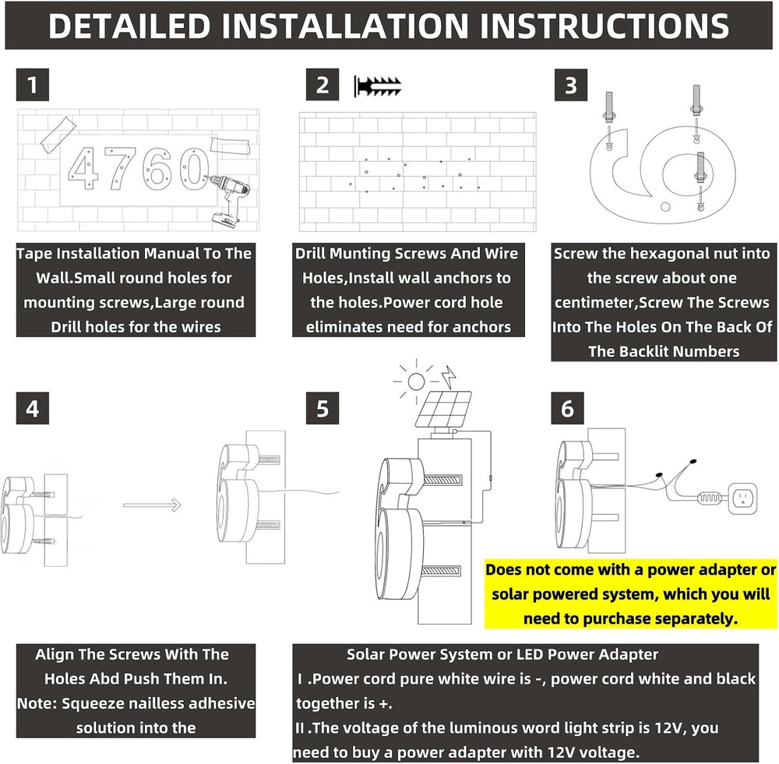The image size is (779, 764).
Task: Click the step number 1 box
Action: pos(32,85)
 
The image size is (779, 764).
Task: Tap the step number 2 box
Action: pos(323,85)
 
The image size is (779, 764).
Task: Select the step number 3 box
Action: pos(571,85)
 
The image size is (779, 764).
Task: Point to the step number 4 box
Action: pos(32,408)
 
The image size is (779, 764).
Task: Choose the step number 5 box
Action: pos(323,408)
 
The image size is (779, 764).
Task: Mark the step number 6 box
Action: pos(567,408)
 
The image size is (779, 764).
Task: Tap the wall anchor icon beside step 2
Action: pos(378,86)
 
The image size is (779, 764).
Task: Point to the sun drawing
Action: pos(416,381)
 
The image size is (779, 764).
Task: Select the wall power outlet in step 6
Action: pos(742,498)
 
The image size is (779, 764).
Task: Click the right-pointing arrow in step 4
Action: pos(152,505)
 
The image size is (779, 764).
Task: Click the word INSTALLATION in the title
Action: pos(345,26)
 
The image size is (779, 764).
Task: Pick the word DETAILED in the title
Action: pos(129,26)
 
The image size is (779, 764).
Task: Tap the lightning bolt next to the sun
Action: pos(449,377)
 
